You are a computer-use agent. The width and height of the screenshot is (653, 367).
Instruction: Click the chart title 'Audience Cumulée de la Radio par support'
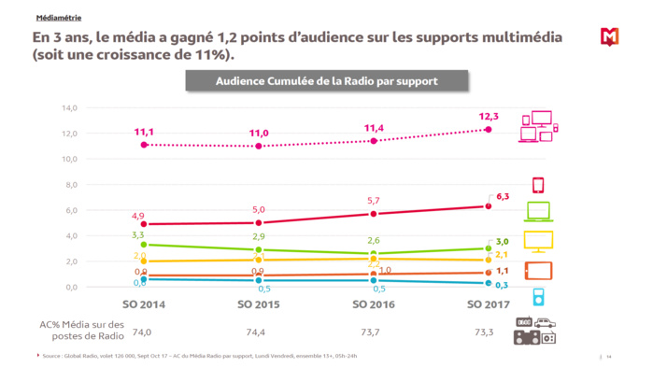pos(326,81)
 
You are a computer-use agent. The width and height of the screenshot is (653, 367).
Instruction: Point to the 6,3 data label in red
pos(502,196)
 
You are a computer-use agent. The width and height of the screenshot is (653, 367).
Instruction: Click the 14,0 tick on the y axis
pos(69,107)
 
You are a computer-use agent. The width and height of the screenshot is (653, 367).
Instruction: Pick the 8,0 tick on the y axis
pos(71,185)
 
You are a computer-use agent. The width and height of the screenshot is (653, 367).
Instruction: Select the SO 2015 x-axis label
pos(259,304)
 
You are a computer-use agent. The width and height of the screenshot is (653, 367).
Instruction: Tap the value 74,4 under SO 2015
pos(259,332)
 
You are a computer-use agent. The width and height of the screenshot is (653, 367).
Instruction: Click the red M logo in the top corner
pos(610,36)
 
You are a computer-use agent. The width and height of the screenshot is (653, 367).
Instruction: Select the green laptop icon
pos(538,211)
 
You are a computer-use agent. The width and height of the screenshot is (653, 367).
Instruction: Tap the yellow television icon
pos(538,241)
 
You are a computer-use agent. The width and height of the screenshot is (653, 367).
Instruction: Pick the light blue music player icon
pos(538,297)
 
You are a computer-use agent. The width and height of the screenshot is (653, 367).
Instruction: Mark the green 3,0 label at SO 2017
pos(502,242)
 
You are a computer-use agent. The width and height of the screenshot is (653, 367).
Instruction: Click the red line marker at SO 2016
pos(374,214)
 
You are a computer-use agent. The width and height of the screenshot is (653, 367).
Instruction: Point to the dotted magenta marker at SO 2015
pos(259,146)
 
